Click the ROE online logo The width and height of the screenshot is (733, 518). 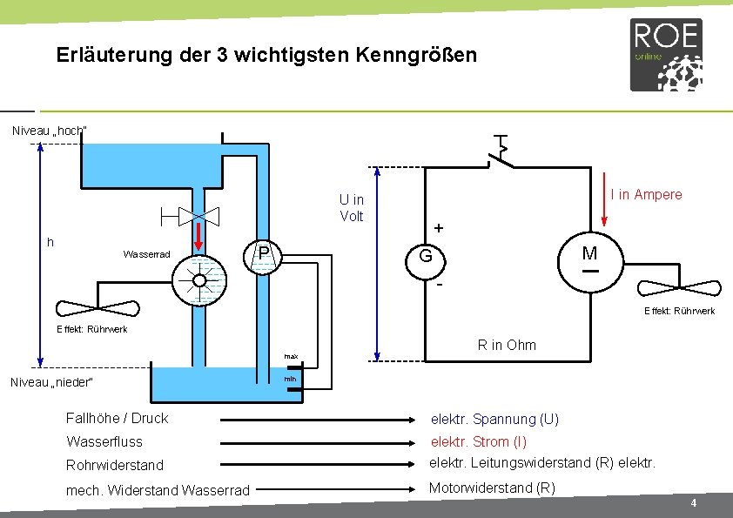coord(666,55)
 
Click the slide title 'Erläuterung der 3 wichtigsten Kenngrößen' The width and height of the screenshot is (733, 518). coord(266,56)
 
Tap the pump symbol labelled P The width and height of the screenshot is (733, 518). coord(260,254)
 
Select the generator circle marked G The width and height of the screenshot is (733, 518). coord(426,257)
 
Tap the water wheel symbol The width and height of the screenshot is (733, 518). coord(199,279)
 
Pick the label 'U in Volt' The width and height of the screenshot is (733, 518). coord(351,208)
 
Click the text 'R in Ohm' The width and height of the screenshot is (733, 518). coord(507,345)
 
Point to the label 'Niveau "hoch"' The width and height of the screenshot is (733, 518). coord(49,131)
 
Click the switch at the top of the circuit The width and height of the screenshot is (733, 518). coord(500,155)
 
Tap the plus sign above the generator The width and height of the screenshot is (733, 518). coord(439,228)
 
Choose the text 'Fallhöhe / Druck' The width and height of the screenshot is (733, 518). coord(117,418)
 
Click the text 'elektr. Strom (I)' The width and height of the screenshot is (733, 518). coord(479,441)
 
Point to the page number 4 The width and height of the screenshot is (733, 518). coord(693,504)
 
